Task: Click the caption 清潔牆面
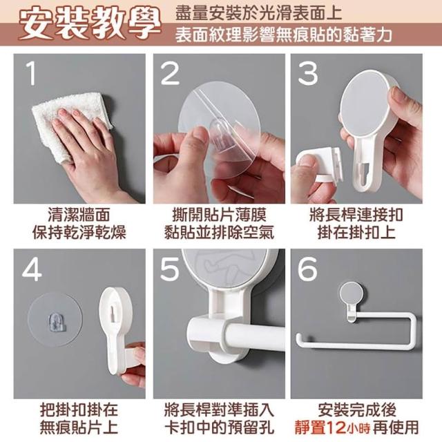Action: pos(79,215)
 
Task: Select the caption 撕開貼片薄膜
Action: pos(219,215)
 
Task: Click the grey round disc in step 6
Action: pos(351,294)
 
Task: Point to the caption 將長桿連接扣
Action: pos(356,215)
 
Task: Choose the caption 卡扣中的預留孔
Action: pos(219,427)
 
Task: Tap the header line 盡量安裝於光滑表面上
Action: pos(258,13)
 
